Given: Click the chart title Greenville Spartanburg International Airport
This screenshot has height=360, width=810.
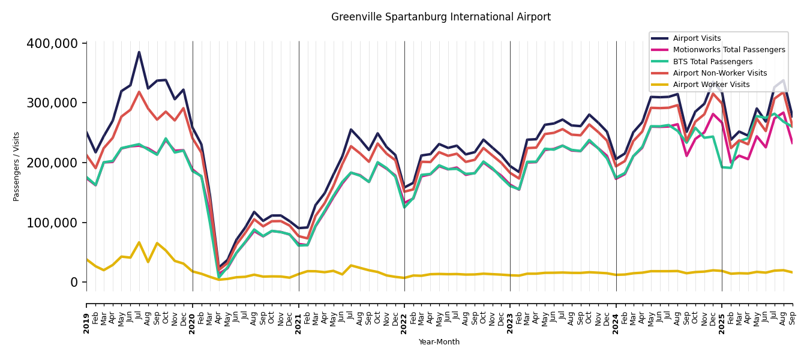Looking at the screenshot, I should click(440, 17).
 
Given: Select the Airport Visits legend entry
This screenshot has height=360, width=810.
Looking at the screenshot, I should click(697, 38).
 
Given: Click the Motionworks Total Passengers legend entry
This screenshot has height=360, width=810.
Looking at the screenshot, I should click(728, 50).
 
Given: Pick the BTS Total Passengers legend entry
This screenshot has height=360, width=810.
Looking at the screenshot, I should click(712, 62).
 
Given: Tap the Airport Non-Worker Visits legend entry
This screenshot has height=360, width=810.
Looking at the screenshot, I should click(719, 73).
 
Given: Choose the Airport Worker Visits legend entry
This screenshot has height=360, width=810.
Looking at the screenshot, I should click(711, 85).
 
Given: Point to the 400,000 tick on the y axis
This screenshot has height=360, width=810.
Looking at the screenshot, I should click(52, 44).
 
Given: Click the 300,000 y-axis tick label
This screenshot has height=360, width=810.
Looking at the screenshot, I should click(52, 103).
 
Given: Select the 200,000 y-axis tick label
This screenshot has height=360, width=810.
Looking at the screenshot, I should click(52, 163).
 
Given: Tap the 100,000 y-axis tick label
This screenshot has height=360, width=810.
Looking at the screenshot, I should click(52, 223).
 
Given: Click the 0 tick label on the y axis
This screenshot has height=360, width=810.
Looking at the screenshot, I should click(74, 282).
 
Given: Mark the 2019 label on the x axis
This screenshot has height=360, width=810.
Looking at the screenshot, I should click(86, 315).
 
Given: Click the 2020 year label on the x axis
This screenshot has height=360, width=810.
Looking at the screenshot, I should click(193, 315).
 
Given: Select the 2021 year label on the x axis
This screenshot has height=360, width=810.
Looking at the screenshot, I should click(299, 315).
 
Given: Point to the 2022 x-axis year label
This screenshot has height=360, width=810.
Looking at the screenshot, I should click(404, 315).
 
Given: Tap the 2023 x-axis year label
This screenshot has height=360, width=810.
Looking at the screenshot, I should click(510, 315).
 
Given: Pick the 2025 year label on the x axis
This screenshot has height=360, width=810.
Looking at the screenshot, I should click(722, 315).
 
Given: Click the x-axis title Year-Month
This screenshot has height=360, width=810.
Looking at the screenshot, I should click(439, 342).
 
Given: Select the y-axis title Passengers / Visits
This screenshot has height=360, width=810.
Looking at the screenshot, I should click(17, 166).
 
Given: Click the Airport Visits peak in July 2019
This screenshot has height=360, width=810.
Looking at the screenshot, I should click(139, 52).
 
